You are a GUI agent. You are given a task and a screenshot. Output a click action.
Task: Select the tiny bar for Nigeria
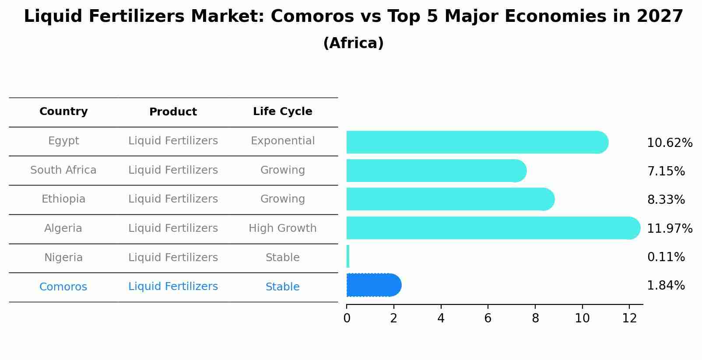348,256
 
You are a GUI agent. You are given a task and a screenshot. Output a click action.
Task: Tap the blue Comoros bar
373,285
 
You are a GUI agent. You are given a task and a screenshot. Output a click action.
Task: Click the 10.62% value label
669,143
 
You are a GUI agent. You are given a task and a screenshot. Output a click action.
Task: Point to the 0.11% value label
666,257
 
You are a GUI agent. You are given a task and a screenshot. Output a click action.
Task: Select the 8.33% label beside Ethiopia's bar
666,200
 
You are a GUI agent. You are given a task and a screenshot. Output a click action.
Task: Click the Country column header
63,112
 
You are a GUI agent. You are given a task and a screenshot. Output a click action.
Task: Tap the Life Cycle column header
282,112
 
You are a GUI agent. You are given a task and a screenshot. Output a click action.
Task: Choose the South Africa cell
63,170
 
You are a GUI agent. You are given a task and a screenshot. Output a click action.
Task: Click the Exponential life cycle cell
282,141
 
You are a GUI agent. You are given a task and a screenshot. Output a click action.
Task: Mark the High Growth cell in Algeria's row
282,228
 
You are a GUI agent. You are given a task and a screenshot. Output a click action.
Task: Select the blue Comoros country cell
63,287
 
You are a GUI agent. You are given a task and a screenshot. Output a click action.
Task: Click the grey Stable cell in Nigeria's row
282,258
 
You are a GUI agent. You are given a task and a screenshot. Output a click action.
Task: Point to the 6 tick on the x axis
488,318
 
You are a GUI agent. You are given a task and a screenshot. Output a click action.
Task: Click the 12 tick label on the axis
629,318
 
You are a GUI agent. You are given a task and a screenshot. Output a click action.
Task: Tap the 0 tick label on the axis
347,318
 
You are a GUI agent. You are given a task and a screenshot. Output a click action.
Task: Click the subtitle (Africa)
353,43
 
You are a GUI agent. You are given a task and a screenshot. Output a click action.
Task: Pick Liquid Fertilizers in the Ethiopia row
173,199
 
